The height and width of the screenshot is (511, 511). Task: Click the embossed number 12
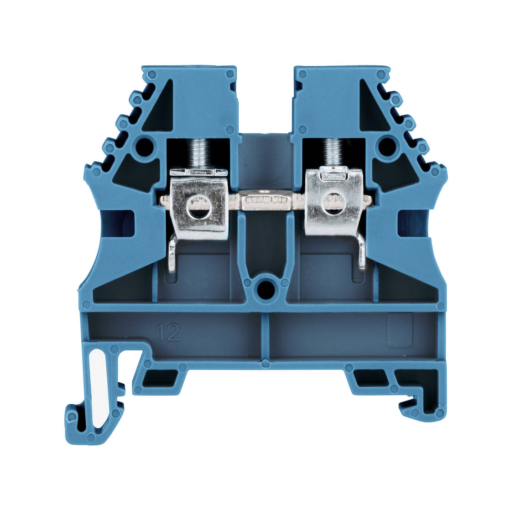(x=168, y=333)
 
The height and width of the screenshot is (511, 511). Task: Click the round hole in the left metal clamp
(x=198, y=208)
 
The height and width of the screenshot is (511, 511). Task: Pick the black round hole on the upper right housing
(x=387, y=147)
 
